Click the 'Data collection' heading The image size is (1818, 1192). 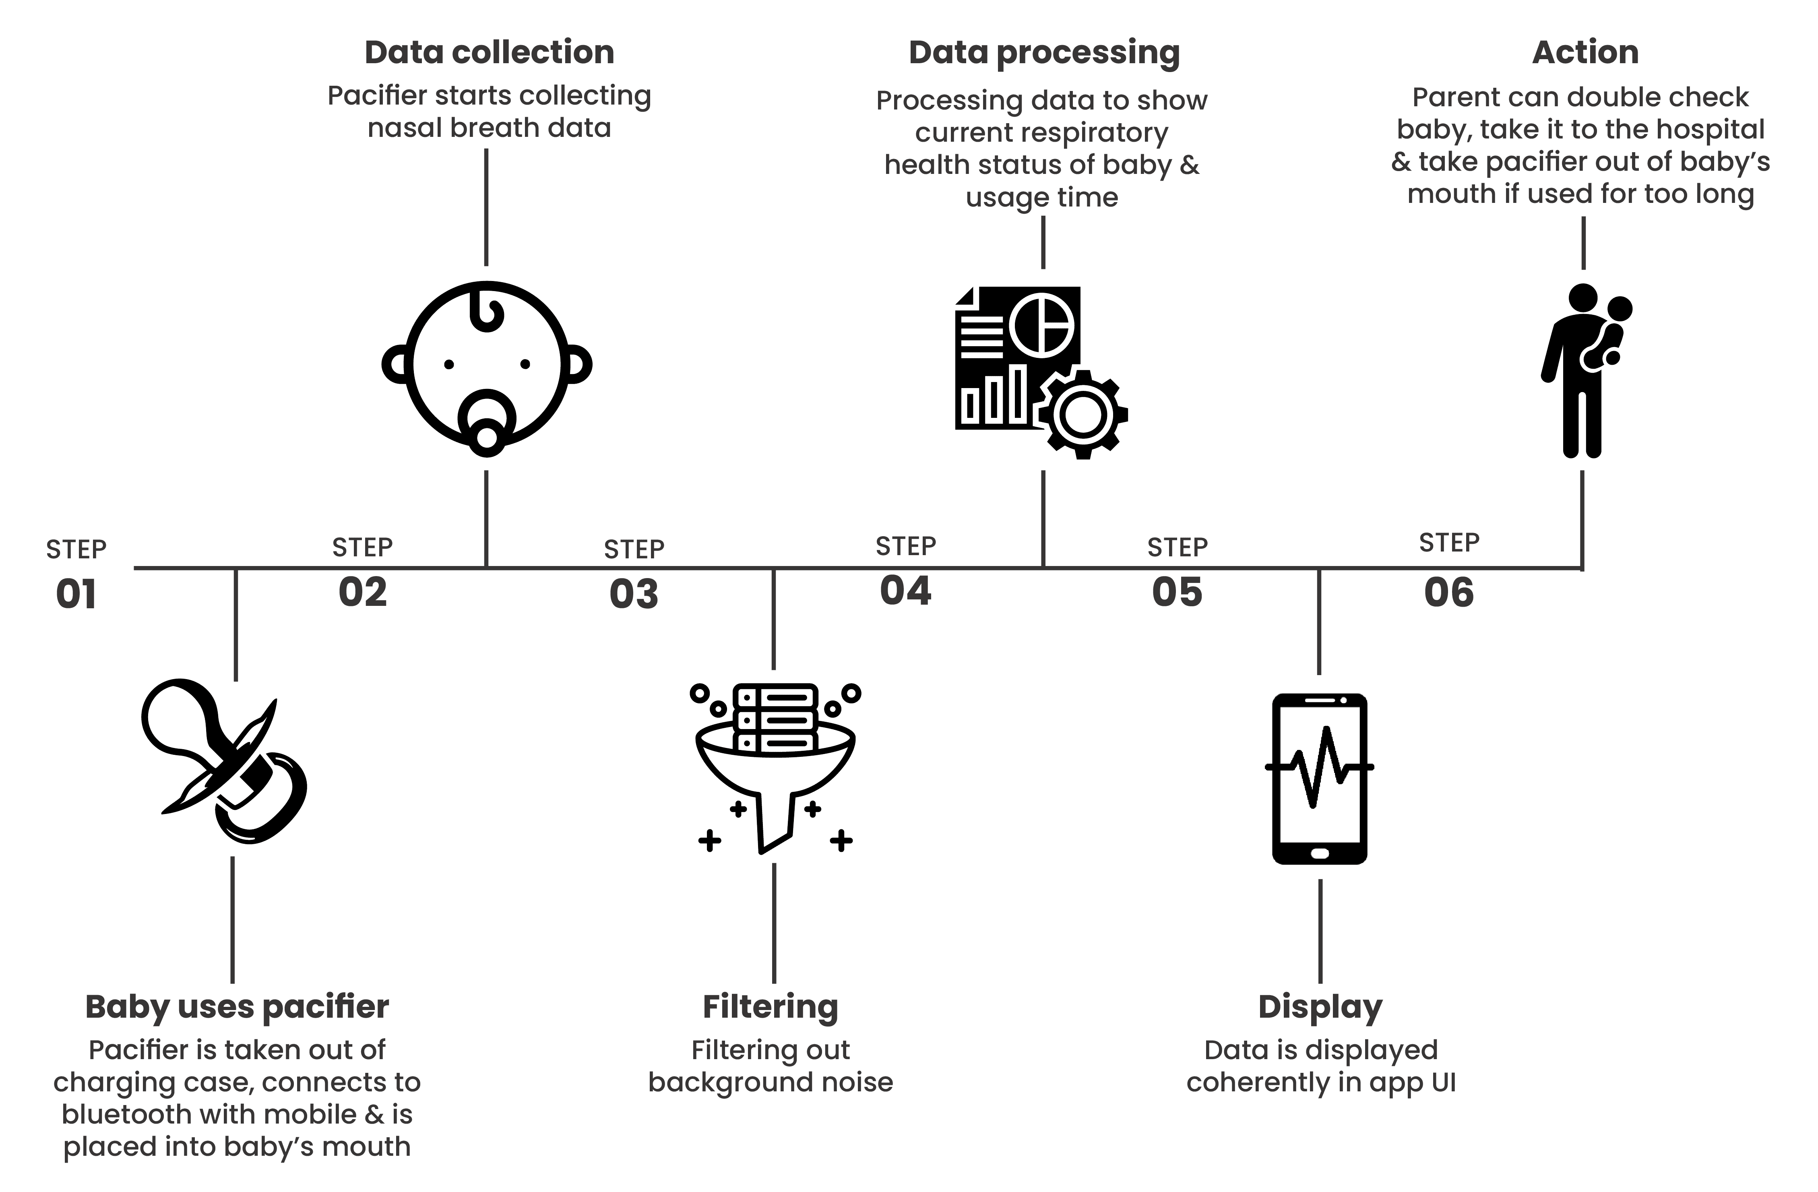489,52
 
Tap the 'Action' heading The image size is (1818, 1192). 1585,52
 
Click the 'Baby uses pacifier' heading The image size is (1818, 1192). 237,1007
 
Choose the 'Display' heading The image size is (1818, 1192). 1320,1007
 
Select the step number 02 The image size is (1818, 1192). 363,592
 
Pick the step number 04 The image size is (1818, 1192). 906,591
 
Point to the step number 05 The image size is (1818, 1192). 1177,592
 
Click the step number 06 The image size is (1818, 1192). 1449,592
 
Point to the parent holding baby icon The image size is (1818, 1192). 1585,371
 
